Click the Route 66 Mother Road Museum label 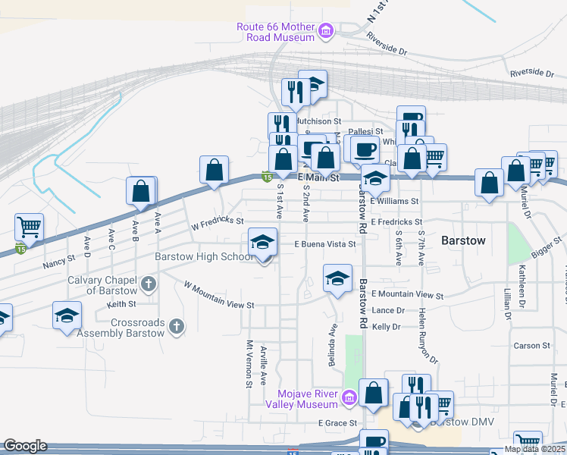(x=276, y=31)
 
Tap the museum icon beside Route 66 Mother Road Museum (x=326, y=31)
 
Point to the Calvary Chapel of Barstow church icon (x=149, y=285)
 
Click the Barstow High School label (x=204, y=257)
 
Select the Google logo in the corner (x=24, y=446)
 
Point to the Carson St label (x=531, y=346)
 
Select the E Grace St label (x=337, y=422)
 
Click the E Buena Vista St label (x=325, y=244)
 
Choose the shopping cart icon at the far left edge (x=29, y=226)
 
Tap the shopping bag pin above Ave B (x=141, y=191)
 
